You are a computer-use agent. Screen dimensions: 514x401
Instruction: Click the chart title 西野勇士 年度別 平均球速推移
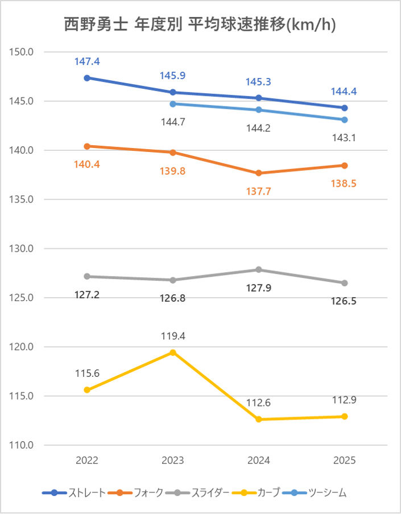click(200, 26)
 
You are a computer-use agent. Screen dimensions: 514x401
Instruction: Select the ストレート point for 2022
click(87, 78)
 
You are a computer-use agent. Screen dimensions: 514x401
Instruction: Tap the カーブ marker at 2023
click(173, 352)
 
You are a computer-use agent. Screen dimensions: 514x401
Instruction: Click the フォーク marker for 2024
click(259, 173)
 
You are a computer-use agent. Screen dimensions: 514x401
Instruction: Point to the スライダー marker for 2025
click(345, 283)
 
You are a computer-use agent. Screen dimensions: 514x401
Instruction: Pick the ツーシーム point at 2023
click(173, 104)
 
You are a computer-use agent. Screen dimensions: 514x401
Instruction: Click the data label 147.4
click(87, 61)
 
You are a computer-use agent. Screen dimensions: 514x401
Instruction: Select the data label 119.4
click(173, 336)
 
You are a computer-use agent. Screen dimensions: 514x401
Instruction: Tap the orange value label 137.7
click(259, 191)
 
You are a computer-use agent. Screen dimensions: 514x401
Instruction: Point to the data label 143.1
click(345, 137)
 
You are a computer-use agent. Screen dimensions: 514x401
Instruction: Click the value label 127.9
click(259, 288)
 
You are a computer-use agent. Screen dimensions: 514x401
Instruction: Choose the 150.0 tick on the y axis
click(23, 52)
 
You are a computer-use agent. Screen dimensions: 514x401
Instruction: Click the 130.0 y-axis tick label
click(23, 249)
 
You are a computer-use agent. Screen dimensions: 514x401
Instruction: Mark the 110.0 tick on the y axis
click(23, 445)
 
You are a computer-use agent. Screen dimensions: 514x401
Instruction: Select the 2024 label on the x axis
click(259, 461)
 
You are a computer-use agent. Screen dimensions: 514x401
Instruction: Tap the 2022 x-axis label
click(87, 461)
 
